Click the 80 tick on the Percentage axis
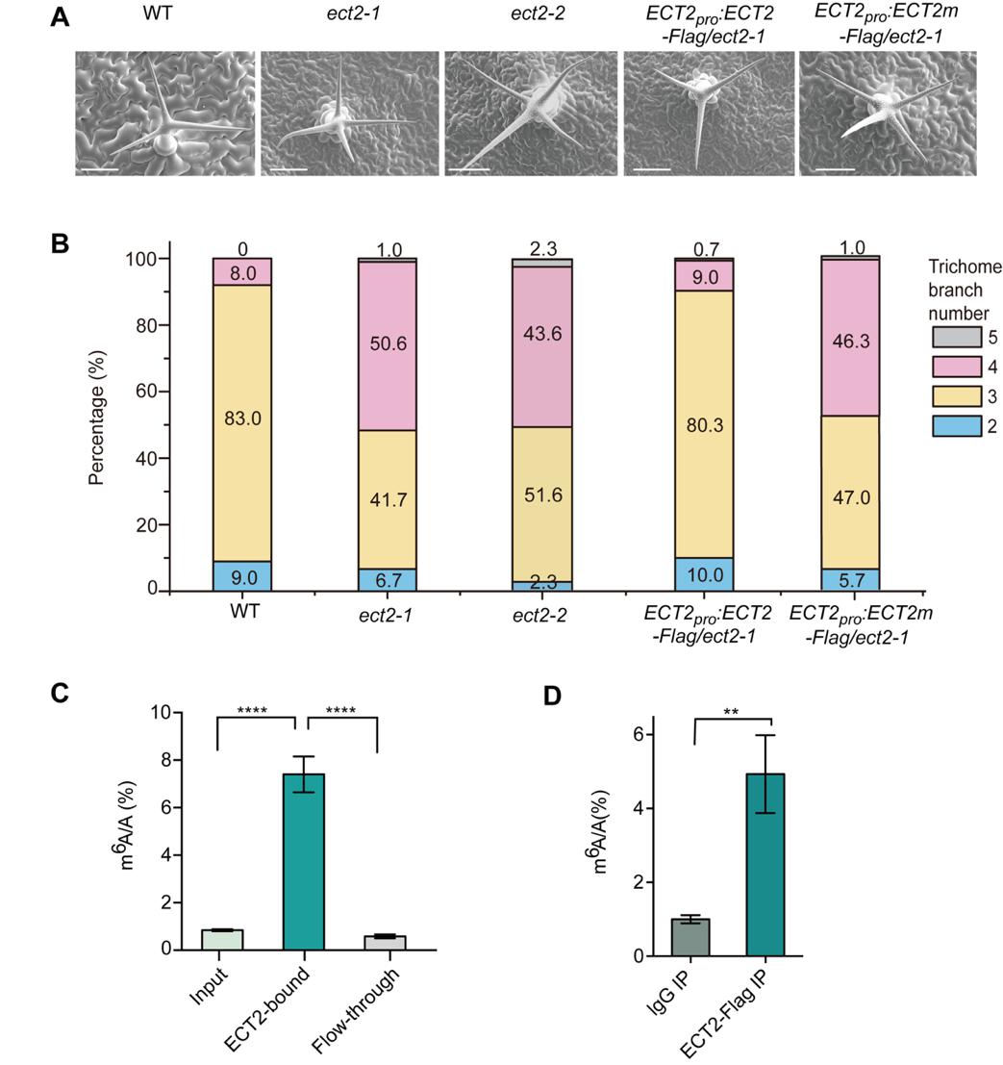coord(147,325)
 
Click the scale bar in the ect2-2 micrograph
coord(468,169)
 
